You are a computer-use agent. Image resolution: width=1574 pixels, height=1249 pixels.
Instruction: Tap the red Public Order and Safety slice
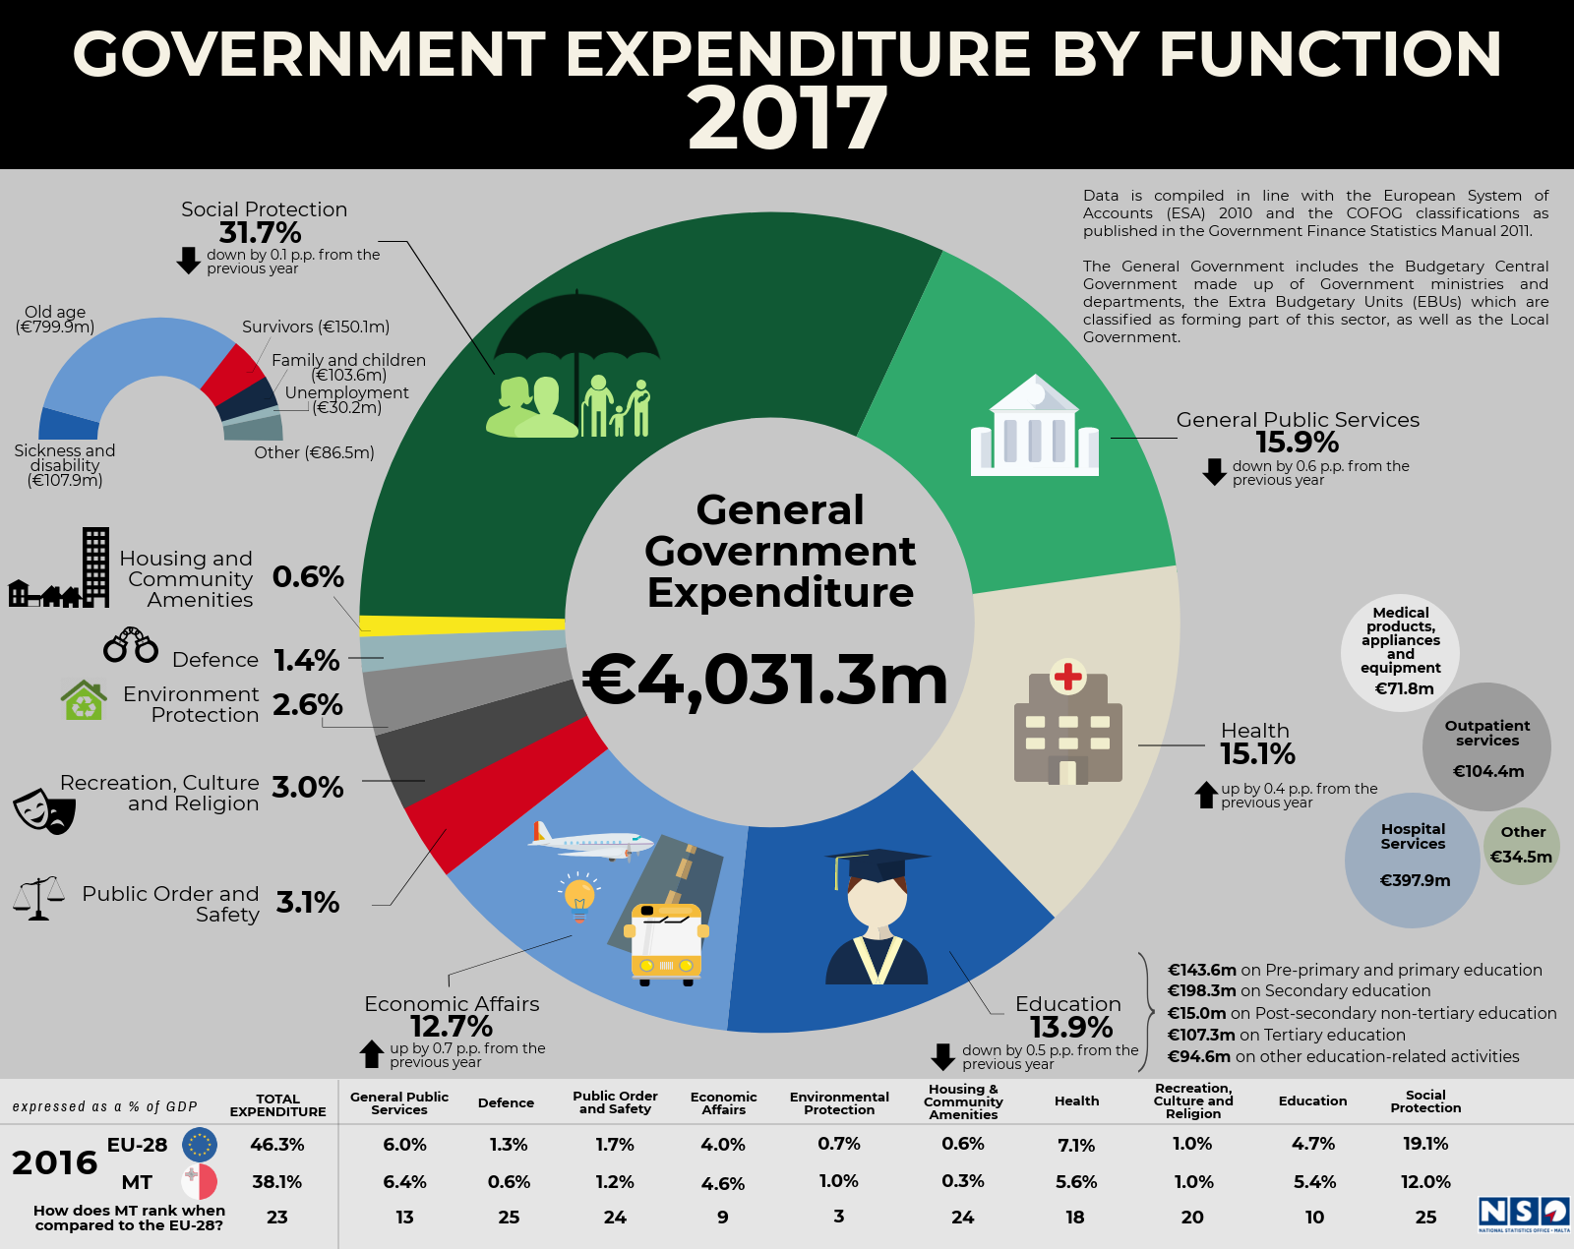tap(505, 794)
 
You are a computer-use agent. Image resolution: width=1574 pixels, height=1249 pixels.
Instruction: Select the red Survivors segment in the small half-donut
tap(232, 374)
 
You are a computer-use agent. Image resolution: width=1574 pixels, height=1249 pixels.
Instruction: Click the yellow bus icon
tap(666, 944)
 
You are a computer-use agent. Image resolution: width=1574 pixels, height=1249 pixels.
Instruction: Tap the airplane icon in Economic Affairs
tap(590, 842)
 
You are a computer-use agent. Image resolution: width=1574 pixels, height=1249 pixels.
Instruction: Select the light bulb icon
tap(579, 897)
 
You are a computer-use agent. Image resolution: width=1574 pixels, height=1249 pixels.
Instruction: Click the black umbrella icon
tap(577, 343)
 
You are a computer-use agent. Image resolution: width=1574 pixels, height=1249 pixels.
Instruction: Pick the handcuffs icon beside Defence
tap(131, 644)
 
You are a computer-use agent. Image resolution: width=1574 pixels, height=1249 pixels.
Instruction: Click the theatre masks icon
tap(44, 811)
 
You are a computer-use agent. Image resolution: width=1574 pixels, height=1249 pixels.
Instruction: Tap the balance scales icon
tap(38, 898)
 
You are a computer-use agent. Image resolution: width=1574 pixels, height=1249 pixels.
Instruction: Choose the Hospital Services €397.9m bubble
tap(1413, 861)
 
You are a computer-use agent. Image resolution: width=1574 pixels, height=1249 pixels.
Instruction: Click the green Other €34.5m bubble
tap(1522, 846)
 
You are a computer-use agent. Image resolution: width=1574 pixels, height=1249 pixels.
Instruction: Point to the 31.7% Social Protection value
tap(261, 233)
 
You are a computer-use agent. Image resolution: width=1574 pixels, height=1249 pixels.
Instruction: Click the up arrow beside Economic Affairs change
tap(372, 1053)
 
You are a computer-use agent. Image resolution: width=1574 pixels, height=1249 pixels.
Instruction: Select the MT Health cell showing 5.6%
tap(1076, 1182)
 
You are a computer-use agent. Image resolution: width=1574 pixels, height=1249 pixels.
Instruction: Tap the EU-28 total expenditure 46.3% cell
tap(276, 1145)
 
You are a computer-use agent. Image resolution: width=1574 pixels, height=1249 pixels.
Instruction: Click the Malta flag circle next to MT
tap(199, 1182)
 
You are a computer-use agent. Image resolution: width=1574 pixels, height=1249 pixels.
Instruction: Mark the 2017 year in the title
tap(787, 118)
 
